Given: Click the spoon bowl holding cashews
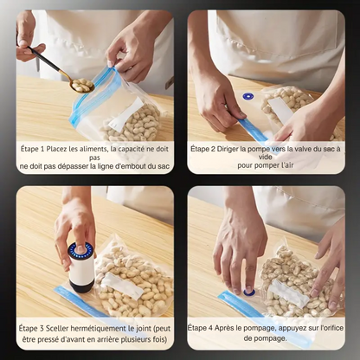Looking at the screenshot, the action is click(x=83, y=85).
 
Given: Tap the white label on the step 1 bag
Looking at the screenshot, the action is click(x=126, y=112).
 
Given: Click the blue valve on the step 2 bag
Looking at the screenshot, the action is click(x=247, y=96).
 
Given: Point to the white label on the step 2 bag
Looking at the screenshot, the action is click(x=280, y=109).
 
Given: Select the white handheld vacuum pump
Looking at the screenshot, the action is click(x=81, y=267).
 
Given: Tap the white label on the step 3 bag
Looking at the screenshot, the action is click(x=122, y=286).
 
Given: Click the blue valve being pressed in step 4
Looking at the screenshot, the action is click(x=249, y=292).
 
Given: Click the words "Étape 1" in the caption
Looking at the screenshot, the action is click(x=32, y=149).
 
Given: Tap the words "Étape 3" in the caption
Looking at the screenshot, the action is click(x=31, y=328).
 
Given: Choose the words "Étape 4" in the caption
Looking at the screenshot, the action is click(x=200, y=328).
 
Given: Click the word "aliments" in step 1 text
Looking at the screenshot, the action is click(x=92, y=149).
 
